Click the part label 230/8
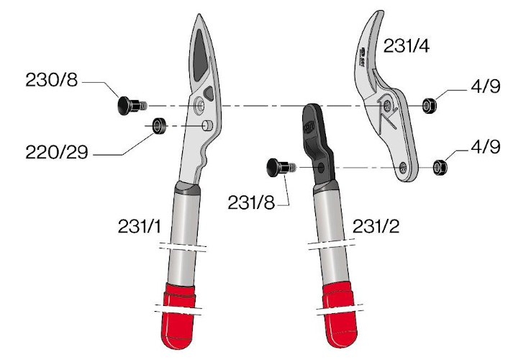(x=52, y=80)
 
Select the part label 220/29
(x=57, y=152)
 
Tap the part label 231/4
(x=406, y=45)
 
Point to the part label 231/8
(x=251, y=202)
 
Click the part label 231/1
(x=140, y=227)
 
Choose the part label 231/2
(x=376, y=227)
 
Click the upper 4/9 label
(x=486, y=86)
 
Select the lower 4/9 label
(x=486, y=146)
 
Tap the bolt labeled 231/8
(x=281, y=168)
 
